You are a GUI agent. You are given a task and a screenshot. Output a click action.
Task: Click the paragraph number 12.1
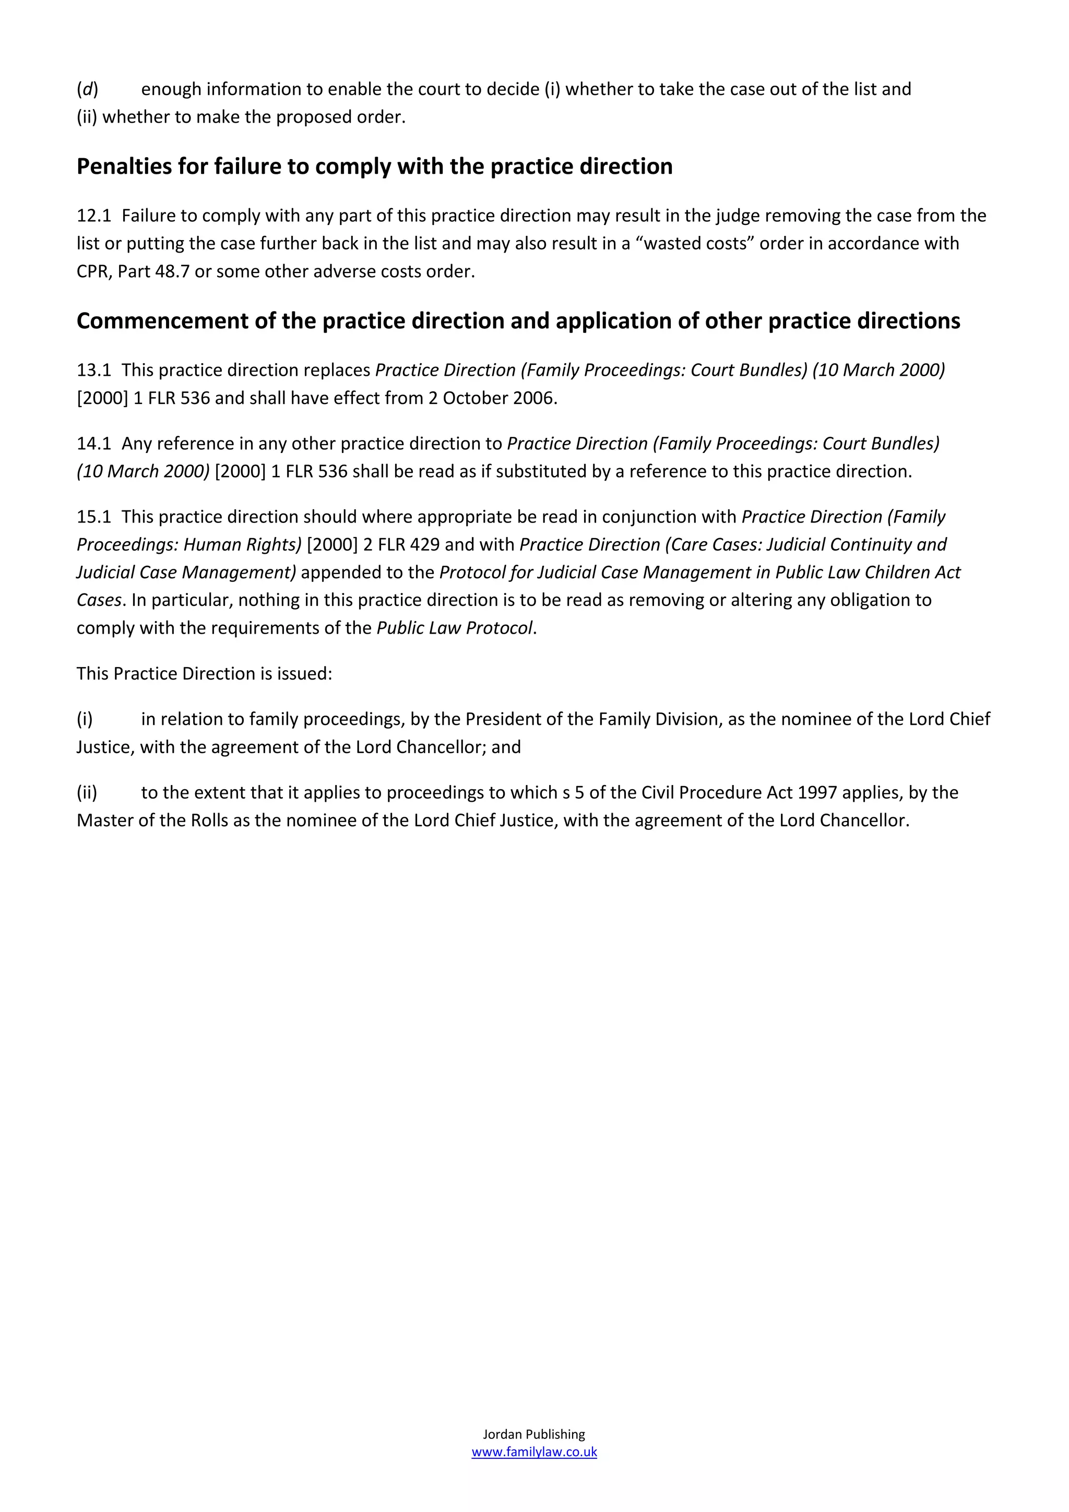93,216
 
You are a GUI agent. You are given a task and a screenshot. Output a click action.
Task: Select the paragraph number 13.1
93,370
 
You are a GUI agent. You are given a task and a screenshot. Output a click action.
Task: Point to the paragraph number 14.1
93,444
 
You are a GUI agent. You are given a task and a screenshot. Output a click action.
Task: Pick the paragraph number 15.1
93,517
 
